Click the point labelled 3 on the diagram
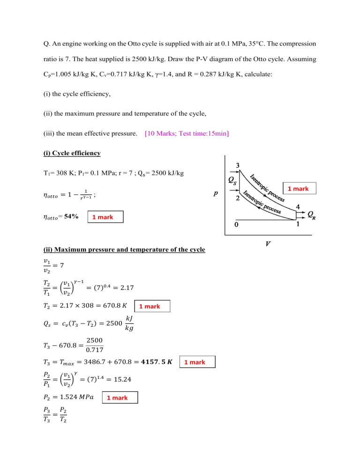(238, 165)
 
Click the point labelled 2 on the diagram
(238, 198)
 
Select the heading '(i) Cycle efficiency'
(72, 153)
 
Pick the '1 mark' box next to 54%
(106, 217)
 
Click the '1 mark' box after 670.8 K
(152, 306)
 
